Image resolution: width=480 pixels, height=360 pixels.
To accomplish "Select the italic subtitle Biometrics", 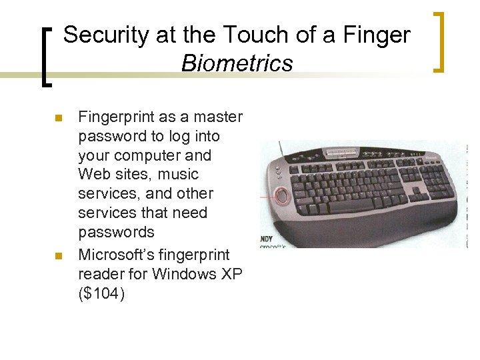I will [237, 63].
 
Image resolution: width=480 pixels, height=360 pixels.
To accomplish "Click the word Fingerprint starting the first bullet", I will [116, 117].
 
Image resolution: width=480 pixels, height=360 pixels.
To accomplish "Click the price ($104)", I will [101, 293].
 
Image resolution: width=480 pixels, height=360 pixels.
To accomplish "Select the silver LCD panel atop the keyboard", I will [340, 152].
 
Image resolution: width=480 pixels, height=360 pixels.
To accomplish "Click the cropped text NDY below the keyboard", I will [267, 238].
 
